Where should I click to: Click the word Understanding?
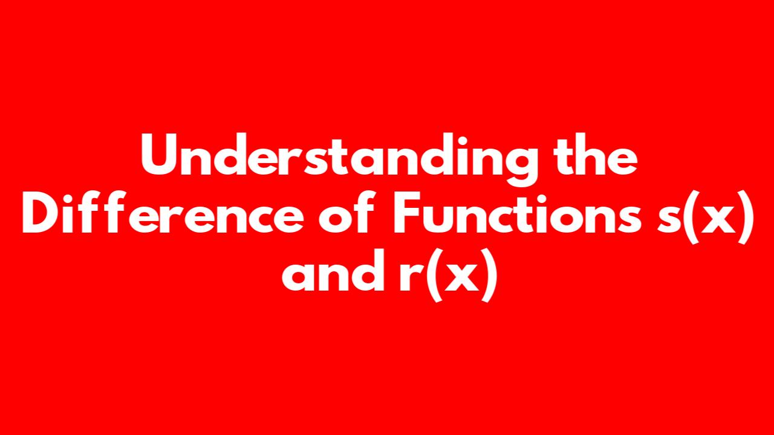coord(339,159)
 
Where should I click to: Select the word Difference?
coord(163,211)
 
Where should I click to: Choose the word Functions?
coord(517,212)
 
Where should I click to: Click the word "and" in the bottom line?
coord(333,269)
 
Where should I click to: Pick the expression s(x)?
coord(705,217)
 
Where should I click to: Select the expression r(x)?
coord(449,275)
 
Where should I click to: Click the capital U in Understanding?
coord(163,155)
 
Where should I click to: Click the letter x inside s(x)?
coord(718,218)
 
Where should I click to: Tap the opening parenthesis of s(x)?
coord(690,217)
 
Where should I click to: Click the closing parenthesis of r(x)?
coord(490,275)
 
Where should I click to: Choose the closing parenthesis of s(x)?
coord(744,217)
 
